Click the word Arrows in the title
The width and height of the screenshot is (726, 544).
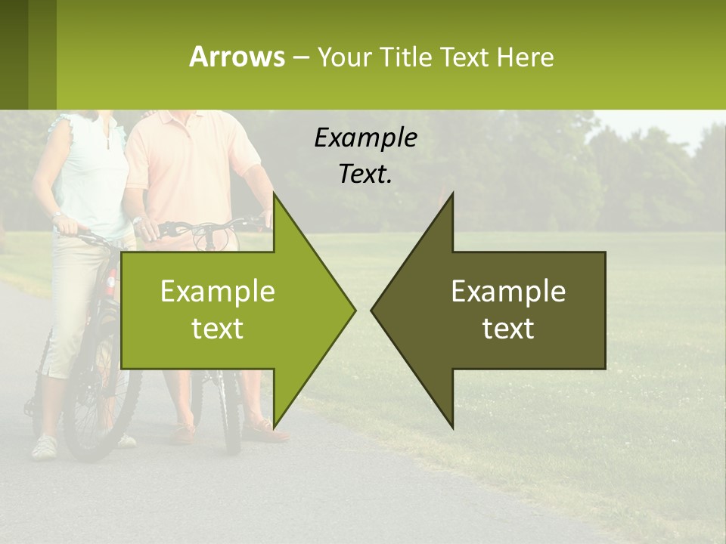coord(237,57)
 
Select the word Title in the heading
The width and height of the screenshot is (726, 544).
coord(408,57)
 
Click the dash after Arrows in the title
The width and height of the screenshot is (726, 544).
coord(300,57)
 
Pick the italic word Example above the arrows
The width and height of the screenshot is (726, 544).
coord(365,138)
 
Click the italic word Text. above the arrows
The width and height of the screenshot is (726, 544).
coord(365,175)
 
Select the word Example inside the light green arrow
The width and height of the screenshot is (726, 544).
coord(218,291)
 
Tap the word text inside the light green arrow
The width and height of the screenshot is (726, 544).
coord(218,329)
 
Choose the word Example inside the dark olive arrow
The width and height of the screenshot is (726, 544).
coord(508,291)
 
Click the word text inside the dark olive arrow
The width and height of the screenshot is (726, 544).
coord(508,329)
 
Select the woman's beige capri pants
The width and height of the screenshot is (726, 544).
coord(72,302)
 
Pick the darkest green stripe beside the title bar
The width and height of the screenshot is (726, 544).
coord(14,54)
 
